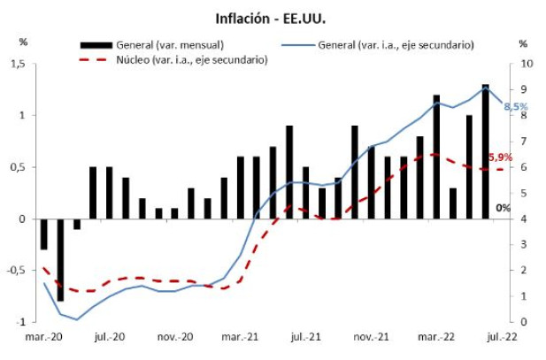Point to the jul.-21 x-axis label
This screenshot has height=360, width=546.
pos(307,338)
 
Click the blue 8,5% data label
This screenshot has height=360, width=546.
pos(515,106)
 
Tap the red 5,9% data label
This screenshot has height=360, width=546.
pos(501,157)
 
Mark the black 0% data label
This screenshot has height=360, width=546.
pos(503,209)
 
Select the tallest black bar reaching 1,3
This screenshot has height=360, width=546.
pos(485,150)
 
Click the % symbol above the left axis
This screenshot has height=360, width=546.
pos(23,42)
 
